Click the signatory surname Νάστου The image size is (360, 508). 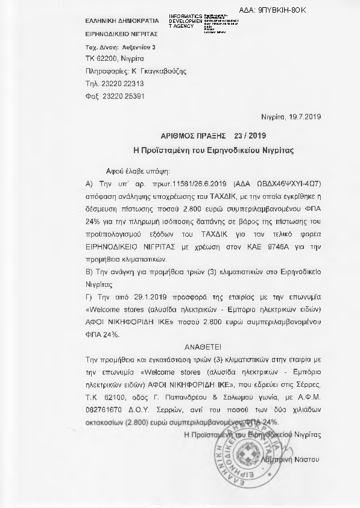tap(312, 459)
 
